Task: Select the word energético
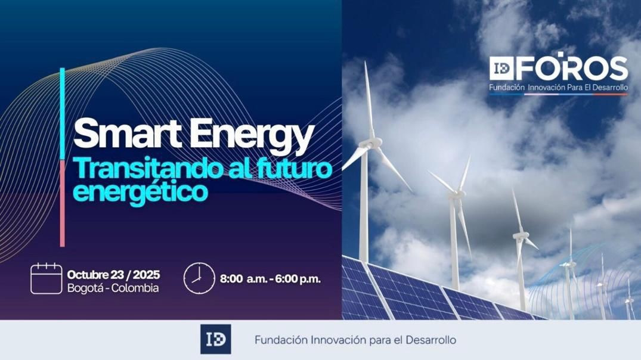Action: [140, 192]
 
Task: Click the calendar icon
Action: [46, 278]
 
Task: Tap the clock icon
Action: [199, 278]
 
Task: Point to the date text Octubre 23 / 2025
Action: [113, 275]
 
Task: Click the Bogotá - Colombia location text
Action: [113, 288]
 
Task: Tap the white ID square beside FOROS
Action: [500, 69]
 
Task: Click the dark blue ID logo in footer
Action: [215, 340]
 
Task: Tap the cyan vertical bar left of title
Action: [62, 113]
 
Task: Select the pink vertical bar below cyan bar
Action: [62, 203]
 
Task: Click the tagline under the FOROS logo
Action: [558, 88]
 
